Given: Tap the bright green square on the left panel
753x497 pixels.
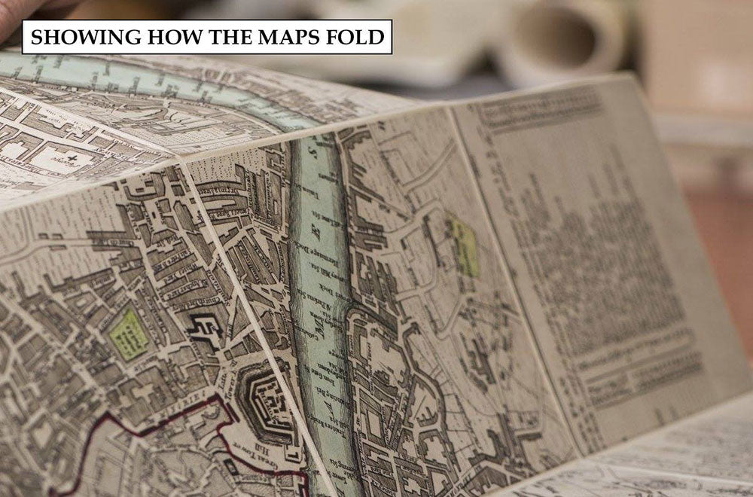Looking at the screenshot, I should pos(128,334).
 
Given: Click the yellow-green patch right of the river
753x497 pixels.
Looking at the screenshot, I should pos(465,245).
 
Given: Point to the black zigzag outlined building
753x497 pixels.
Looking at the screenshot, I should pos(204,329).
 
